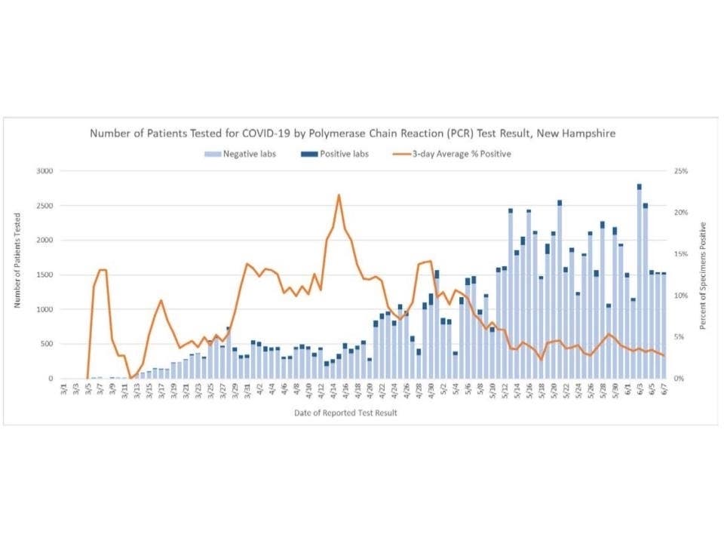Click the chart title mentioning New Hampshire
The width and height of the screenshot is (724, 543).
click(352, 133)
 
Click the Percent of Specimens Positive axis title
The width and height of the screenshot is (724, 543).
click(703, 275)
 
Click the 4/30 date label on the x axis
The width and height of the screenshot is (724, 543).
click(431, 391)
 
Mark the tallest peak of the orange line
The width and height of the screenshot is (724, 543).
click(339, 195)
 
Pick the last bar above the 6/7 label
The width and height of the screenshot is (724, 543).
click(664, 326)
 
